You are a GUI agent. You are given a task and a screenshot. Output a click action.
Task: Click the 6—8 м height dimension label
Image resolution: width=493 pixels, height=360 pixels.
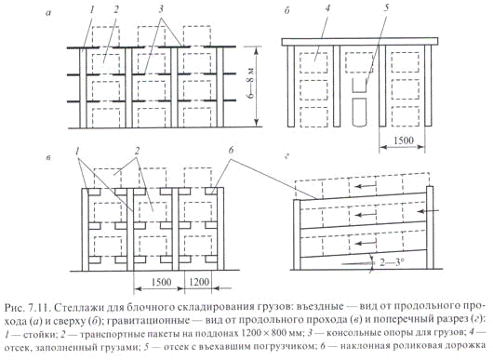250,84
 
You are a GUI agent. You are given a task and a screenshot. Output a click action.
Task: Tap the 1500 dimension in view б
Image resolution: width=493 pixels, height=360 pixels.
404,140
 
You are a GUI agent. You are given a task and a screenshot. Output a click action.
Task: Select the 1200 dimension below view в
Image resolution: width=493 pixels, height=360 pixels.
200,282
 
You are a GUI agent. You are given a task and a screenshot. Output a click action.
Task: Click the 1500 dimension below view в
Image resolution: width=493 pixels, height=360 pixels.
161,282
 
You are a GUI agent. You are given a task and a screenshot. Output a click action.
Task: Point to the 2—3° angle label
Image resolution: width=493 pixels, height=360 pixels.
391,261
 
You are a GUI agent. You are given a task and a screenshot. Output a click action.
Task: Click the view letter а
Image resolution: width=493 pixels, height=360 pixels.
48,13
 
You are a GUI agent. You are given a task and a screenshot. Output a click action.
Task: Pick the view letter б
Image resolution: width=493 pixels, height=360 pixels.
286,11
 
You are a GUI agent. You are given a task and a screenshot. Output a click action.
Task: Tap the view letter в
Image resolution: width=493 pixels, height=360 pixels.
48,158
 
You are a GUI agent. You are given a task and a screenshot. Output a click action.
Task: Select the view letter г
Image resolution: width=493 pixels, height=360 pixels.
286,156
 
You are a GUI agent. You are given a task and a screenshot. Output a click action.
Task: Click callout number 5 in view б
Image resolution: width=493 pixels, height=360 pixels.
386,7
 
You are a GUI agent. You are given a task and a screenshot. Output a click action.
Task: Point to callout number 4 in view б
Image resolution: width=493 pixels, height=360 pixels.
328,7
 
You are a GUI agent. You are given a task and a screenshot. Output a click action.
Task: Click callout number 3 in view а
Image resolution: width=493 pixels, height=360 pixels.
161,9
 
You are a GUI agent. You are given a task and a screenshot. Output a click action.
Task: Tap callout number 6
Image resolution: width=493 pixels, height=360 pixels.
231,151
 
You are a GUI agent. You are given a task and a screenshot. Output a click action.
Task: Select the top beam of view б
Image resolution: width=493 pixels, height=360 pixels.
360,42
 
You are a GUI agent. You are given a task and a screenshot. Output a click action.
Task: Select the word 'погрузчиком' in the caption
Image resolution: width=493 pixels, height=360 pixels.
279,347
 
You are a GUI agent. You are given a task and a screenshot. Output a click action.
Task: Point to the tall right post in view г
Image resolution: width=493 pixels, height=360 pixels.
430,228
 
